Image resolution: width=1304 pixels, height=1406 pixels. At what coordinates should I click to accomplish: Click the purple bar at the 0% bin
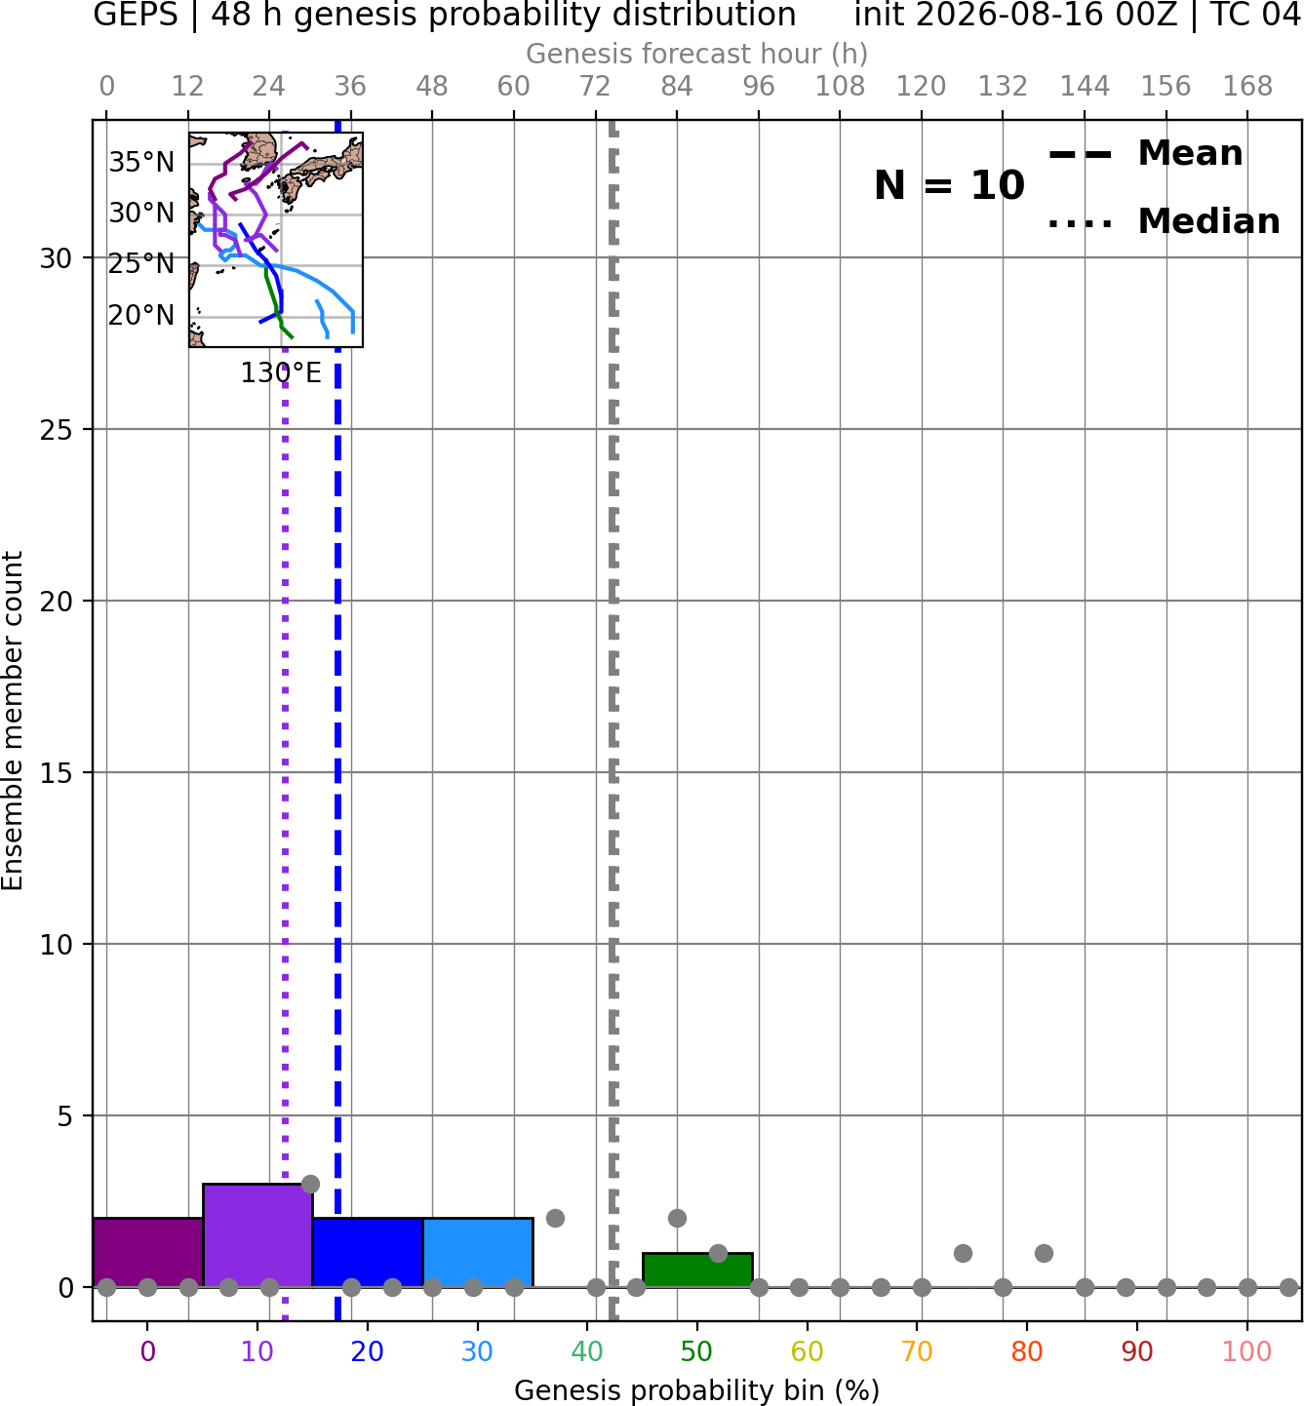(148, 1252)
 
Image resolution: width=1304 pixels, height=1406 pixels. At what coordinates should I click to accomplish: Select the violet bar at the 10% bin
(257, 1234)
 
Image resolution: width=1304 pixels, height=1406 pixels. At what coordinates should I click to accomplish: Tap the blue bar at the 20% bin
(368, 1252)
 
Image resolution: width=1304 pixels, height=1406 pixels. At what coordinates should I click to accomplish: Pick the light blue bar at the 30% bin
(478, 1252)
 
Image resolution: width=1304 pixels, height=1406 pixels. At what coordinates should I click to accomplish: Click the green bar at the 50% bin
(697, 1269)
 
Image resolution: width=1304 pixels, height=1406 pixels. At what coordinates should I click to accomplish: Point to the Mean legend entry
(1145, 154)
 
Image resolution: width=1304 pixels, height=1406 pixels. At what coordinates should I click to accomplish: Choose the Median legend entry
(1164, 221)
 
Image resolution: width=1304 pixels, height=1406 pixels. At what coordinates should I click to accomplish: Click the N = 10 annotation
(949, 185)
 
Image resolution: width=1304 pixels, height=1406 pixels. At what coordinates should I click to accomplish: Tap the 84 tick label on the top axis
(677, 87)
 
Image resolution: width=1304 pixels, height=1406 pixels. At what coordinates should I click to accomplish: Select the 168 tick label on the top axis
(1247, 87)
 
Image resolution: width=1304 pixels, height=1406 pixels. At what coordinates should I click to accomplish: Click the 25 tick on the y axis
(57, 430)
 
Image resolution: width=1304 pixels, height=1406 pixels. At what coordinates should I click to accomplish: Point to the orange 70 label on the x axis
(917, 1352)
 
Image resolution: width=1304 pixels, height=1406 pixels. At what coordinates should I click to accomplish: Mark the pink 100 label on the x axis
(1247, 1352)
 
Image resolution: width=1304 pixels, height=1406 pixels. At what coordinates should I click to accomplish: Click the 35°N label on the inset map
(141, 163)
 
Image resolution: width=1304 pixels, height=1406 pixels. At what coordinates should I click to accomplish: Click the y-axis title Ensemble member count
(13, 721)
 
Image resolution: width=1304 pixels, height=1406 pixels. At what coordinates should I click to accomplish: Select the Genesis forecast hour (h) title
(697, 54)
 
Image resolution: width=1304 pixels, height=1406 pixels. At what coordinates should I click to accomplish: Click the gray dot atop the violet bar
(310, 1184)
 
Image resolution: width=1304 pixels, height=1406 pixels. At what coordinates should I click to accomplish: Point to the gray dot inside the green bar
(718, 1253)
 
